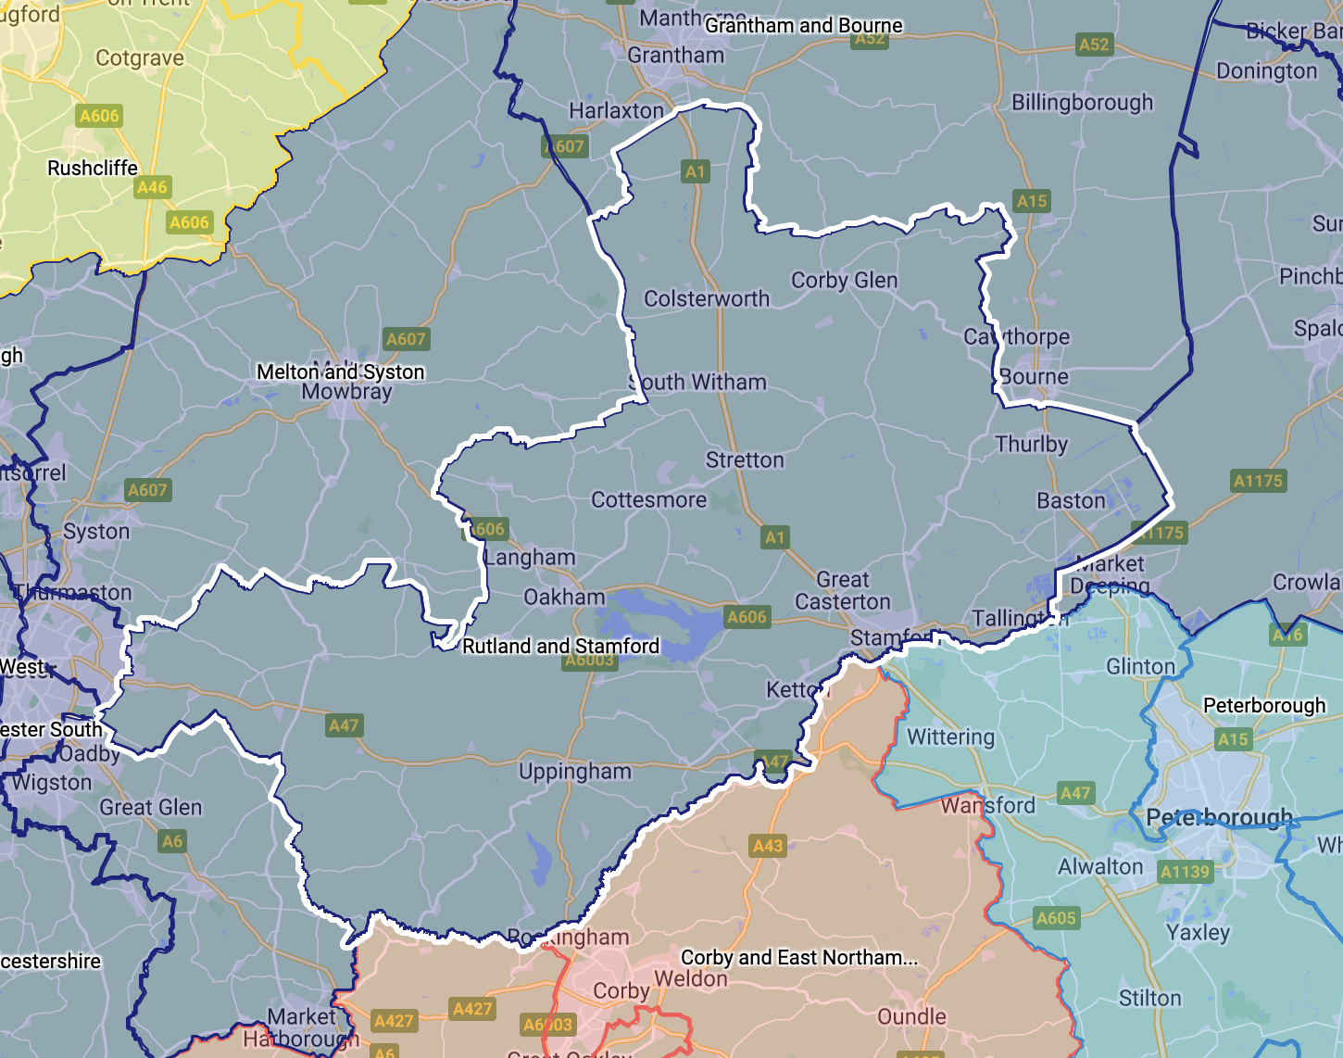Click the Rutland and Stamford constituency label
(560, 646)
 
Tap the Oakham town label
(564, 597)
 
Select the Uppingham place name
(574, 772)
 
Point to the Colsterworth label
(707, 298)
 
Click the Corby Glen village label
(844, 280)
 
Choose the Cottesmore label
(648, 500)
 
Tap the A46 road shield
(152, 187)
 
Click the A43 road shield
(768, 845)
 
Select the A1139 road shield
(1185, 871)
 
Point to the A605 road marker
(1056, 918)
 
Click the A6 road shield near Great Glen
(172, 841)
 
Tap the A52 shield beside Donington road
(1094, 44)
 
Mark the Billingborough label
(1082, 102)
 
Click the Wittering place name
(950, 737)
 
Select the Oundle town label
(911, 1016)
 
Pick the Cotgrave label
(140, 57)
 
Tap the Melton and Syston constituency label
(340, 372)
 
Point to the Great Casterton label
(842, 591)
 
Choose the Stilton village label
(1149, 998)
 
